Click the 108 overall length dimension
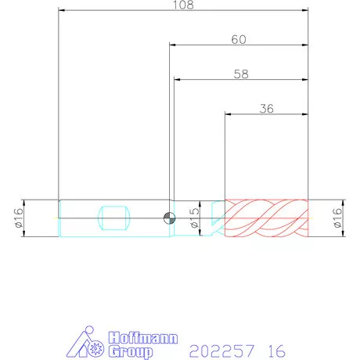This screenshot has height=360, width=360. coord(184,5)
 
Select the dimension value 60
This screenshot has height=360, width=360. coord(239,40)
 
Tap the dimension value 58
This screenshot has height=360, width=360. coord(241,74)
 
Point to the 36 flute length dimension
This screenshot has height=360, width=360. coord(267,109)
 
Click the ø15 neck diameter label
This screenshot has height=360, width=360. coord(195,218)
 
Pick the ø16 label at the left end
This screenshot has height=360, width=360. coord(19,218)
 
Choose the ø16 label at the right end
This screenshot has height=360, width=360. coord(337,218)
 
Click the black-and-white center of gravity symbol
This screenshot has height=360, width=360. coord(169,218)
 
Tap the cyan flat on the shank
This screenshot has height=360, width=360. coord(113,218)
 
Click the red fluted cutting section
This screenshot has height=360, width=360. coord(266,218)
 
